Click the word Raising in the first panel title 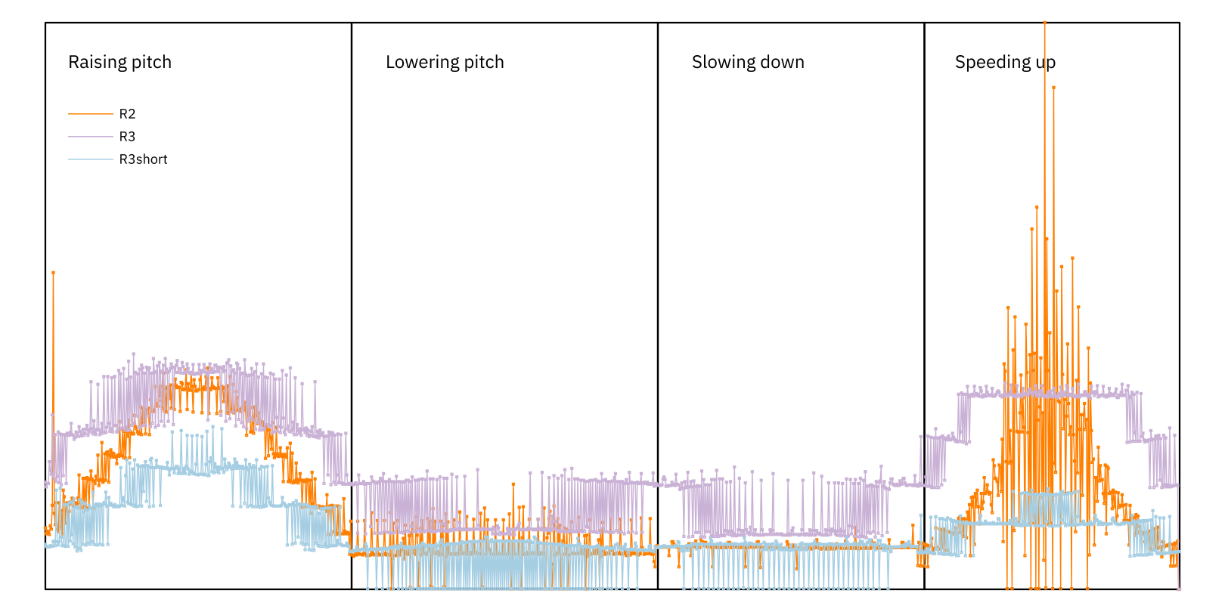coord(92,63)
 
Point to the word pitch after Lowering coord(484,63)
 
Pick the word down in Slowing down coord(783,62)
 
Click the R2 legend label coord(127,114)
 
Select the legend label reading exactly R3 coord(127,137)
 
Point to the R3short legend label coord(143,159)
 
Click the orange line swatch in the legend coord(90,114)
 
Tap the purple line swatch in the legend coord(90,137)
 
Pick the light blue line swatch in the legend coord(90,159)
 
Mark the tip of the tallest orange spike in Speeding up coord(1045,23)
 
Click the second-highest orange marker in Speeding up coord(1053,88)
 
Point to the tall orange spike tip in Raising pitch coord(53,273)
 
